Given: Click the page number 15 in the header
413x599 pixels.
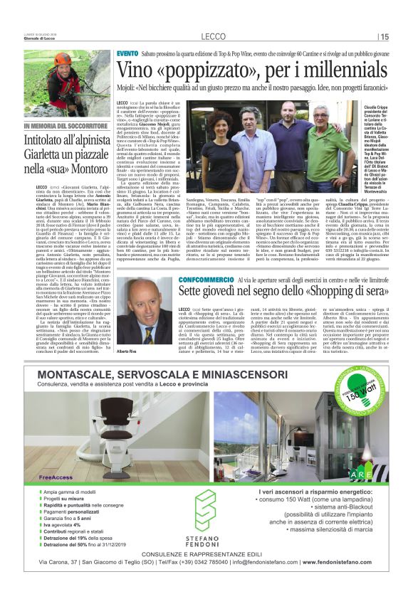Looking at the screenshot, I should (x=385, y=36).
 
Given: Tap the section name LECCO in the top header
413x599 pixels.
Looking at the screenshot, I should (x=214, y=36).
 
